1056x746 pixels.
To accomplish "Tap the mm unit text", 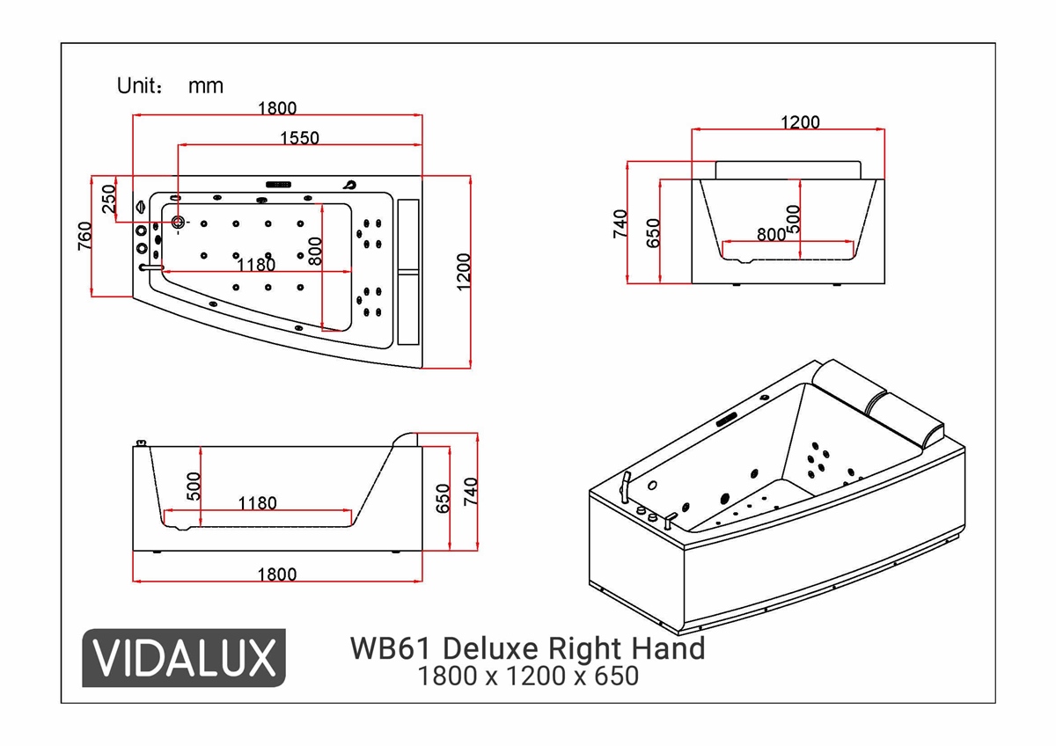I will coord(206,86).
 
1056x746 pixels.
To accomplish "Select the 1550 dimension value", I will coord(299,137).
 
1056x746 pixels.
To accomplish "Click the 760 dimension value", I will coord(85,237).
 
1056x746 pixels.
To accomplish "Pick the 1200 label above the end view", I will coord(800,122).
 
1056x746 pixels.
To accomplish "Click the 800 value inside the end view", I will coord(771,235).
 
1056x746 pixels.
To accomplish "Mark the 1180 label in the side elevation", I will coord(257,503).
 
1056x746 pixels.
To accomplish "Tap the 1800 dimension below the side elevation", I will coord(277,574).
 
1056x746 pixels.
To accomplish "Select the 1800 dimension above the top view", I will coord(277,108).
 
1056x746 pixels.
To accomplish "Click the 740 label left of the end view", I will coord(620,223).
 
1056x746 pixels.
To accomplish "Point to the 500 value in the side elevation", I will coord(194,486).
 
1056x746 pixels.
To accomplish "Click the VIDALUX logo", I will coord(184,657).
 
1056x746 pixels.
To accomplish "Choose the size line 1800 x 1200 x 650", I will coord(527,677).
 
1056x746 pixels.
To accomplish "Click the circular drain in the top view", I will coord(179,222).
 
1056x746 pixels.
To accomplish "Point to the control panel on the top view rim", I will coord(279,185).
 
